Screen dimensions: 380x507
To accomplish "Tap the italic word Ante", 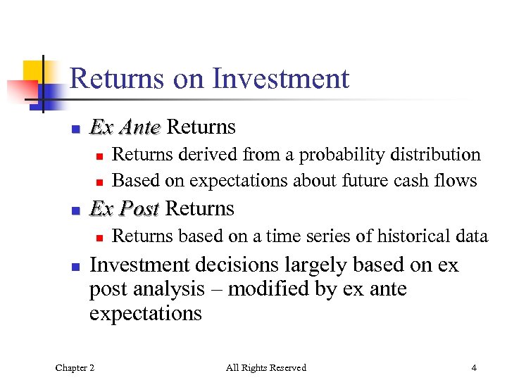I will click(x=140, y=127).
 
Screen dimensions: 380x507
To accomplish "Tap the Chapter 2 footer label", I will click(x=75, y=367).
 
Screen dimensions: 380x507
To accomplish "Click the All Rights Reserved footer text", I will click(x=266, y=367).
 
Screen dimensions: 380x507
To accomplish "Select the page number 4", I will click(x=475, y=367).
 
